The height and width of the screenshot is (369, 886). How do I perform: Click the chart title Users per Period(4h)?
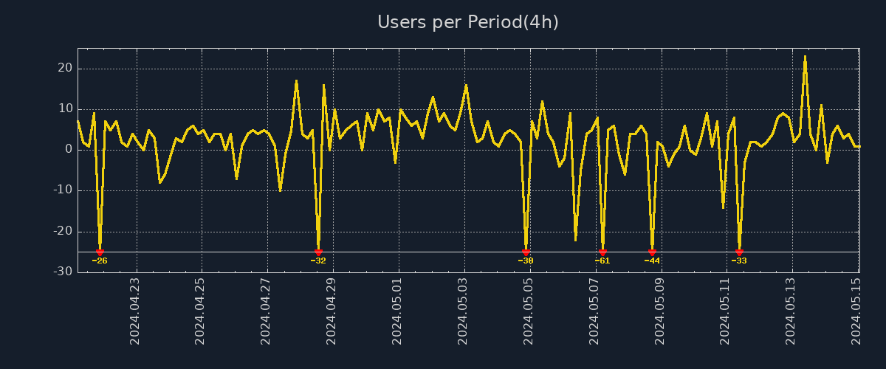click(468, 23)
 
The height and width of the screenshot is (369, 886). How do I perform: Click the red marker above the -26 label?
click(100, 252)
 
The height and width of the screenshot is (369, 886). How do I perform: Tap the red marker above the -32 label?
click(318, 252)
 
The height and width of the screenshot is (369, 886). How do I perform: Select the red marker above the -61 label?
click(602, 252)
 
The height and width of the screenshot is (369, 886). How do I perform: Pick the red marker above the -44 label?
click(652, 252)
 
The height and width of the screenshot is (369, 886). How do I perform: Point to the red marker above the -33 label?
click(739, 252)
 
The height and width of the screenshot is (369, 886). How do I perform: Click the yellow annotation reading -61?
click(602, 261)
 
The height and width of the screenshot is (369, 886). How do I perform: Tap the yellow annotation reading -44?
click(652, 261)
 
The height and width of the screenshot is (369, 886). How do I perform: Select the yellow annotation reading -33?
click(739, 261)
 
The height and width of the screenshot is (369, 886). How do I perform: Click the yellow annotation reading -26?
click(100, 261)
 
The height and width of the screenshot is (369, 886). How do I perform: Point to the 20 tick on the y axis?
click(65, 69)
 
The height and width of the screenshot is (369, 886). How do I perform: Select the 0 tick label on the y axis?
click(69, 150)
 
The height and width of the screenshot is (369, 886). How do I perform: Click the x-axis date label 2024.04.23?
click(135, 311)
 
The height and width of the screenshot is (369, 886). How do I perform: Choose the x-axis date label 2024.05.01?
click(398, 311)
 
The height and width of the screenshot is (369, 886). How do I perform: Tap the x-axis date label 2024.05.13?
click(792, 311)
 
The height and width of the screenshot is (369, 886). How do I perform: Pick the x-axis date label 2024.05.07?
click(595, 311)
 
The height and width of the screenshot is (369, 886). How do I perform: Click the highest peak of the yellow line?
click(805, 57)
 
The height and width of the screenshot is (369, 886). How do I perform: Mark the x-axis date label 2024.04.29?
click(332, 311)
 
